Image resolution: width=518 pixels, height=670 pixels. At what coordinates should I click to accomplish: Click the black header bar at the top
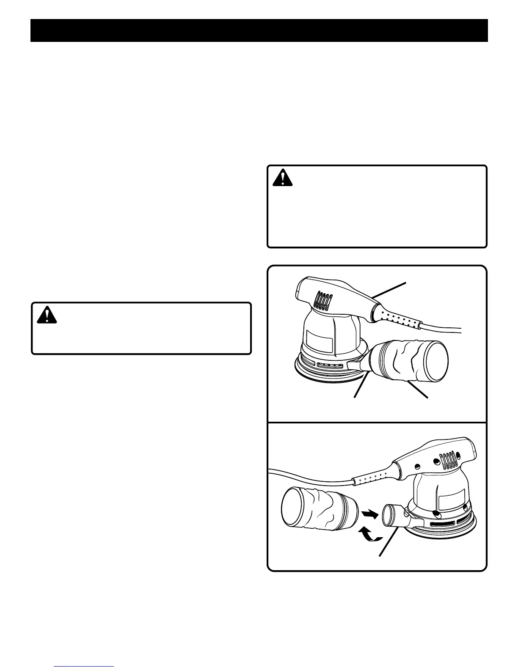point(259,30)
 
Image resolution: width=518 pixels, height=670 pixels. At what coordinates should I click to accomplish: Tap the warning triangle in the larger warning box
point(282,179)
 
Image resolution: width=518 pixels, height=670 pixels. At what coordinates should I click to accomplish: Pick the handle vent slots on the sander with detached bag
point(450,460)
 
